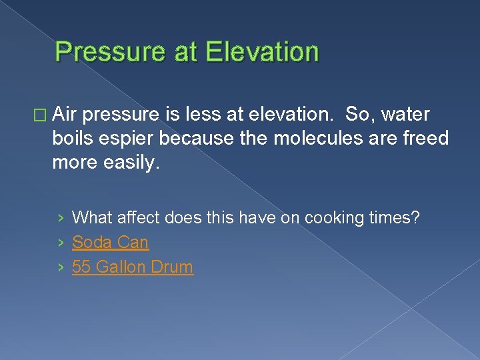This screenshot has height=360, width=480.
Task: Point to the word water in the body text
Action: pyautogui.click(x=405, y=115)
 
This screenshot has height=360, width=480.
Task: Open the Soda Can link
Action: pyautogui.click(x=110, y=242)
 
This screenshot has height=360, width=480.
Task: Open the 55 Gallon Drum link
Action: pyautogui.click(x=132, y=267)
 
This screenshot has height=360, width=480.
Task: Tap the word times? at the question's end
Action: pyautogui.click(x=396, y=217)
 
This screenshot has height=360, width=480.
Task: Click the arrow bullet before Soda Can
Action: pyautogui.click(x=61, y=243)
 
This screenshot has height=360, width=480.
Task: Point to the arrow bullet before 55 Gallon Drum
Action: pyautogui.click(x=61, y=267)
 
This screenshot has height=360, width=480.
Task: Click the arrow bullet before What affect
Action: pyautogui.click(x=61, y=218)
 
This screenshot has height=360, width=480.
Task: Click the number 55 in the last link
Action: pyautogui.click(x=81, y=267)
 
